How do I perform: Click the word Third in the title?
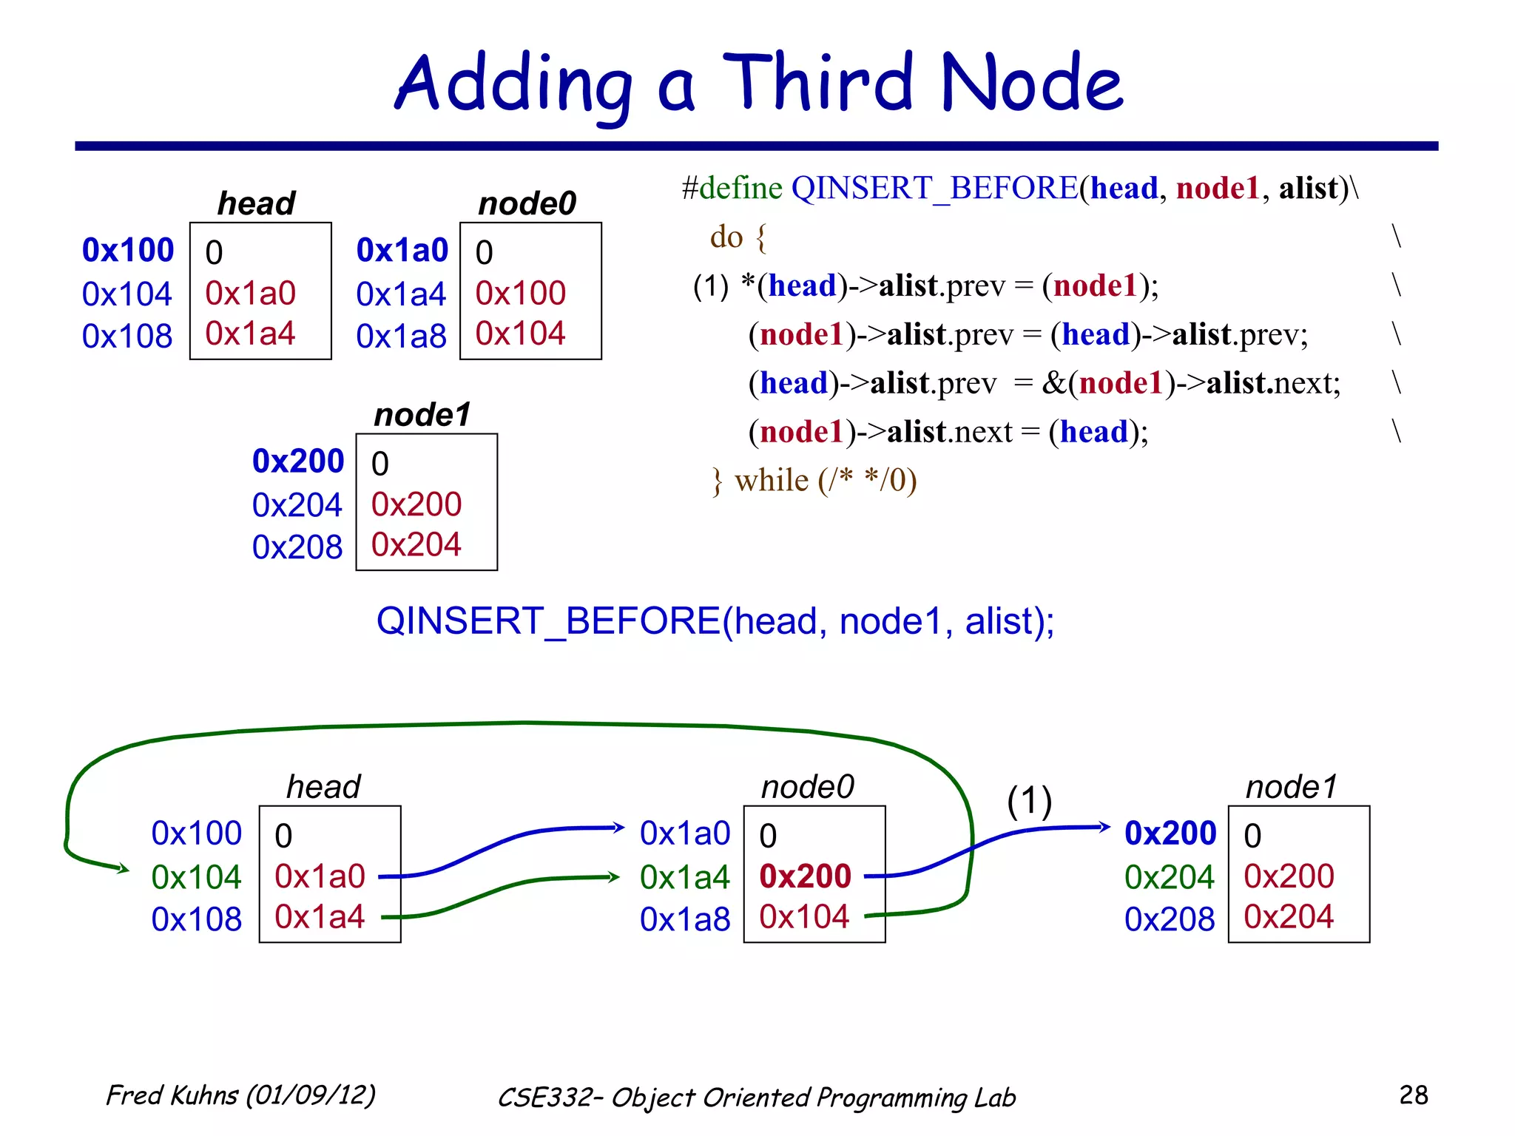[x=817, y=83]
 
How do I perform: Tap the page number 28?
[x=1413, y=1095]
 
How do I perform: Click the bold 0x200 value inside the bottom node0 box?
[x=805, y=876]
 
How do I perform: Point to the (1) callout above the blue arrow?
[x=1029, y=801]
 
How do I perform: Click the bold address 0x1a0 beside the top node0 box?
[x=402, y=251]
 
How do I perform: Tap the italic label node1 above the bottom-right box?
[x=1292, y=787]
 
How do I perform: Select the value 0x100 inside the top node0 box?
[x=520, y=294]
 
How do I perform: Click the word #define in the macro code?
[x=732, y=188]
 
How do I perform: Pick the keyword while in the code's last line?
[x=771, y=481]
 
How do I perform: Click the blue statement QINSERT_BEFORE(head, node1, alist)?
[x=715, y=621]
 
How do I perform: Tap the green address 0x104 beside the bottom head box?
[x=196, y=877]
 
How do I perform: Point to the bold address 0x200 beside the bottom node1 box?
[x=1170, y=834]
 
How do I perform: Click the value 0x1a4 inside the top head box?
[x=250, y=334]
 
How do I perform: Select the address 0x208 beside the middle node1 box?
[x=297, y=547]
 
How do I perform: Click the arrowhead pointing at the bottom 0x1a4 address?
[x=614, y=877]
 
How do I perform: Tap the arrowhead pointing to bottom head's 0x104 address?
[x=124, y=869]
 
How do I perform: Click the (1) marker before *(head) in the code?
[x=710, y=286]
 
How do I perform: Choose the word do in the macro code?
[x=726, y=237]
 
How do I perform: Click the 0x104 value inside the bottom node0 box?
[x=803, y=917]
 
